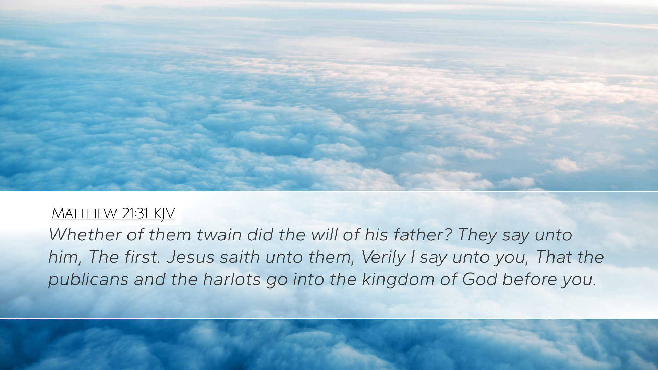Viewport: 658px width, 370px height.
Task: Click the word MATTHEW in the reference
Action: (x=84, y=213)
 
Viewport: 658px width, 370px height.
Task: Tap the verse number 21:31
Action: (x=135, y=213)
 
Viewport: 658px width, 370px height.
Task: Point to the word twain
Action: (x=219, y=235)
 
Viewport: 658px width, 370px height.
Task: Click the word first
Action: (x=142, y=257)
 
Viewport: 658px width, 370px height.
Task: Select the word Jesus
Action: (x=191, y=257)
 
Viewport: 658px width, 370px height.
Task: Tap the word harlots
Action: (x=232, y=280)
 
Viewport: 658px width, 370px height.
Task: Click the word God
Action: (x=479, y=280)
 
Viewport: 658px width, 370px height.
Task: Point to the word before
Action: (x=529, y=280)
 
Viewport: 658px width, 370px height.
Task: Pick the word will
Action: (x=324, y=235)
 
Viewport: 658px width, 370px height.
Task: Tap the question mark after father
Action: (x=449, y=235)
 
